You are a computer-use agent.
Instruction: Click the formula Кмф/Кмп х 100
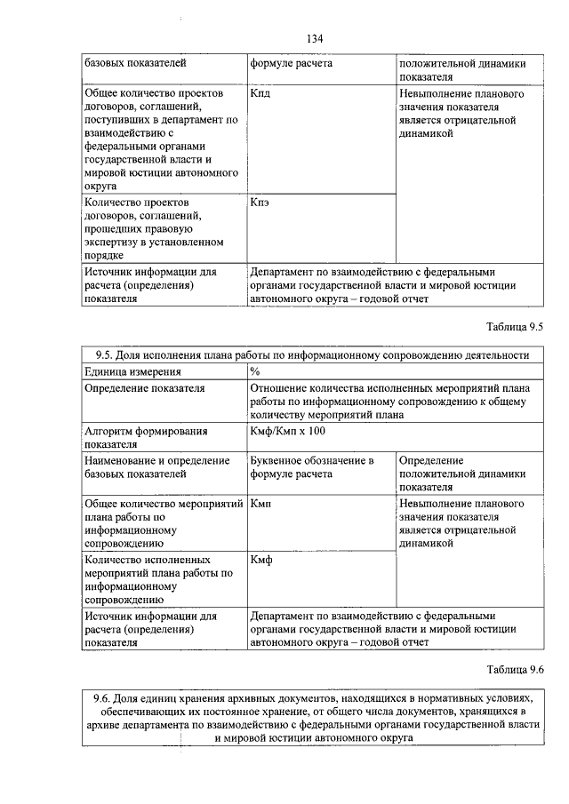(289, 431)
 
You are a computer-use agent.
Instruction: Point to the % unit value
(255, 371)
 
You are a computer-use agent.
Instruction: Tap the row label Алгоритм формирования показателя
(147, 437)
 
